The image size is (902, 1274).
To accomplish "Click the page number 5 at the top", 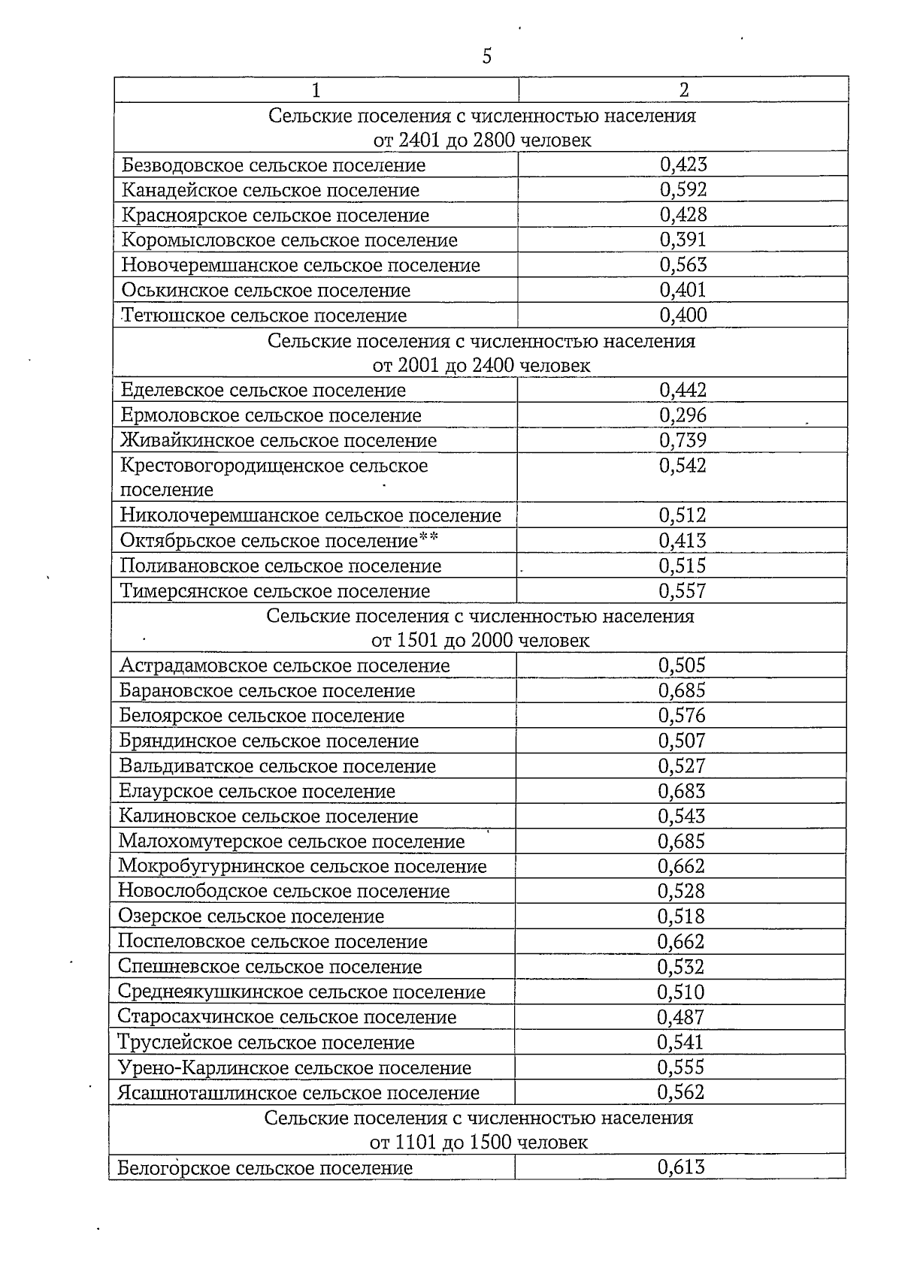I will [486, 56].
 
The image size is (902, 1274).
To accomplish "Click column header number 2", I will [683, 90].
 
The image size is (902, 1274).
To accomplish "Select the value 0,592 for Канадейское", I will [683, 190].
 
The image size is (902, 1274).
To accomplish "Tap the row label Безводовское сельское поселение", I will [274, 165].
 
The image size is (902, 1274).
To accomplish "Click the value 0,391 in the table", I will [683, 240].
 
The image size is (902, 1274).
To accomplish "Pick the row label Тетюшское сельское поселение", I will [264, 315].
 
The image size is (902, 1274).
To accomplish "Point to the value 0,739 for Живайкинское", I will [683, 440].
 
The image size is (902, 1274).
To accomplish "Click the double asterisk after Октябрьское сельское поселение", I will [428, 539].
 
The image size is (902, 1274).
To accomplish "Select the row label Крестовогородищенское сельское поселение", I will [274, 477].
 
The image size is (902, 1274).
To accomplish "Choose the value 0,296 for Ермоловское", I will [683, 415].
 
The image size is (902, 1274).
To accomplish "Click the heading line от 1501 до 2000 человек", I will [480, 641].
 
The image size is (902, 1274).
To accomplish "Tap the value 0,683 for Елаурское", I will [682, 791].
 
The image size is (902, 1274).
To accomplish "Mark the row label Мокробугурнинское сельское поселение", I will [302, 866].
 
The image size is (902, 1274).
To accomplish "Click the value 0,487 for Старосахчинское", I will [681, 1017].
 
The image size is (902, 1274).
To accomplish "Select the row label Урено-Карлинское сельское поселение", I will [294, 1067].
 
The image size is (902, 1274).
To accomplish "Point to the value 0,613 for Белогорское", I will [681, 1167].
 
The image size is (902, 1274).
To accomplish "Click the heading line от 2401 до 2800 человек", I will [482, 140].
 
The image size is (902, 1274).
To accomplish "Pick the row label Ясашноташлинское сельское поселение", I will [298, 1093].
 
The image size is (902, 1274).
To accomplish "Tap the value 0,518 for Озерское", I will [681, 916].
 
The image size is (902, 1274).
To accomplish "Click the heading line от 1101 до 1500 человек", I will [479, 1143].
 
